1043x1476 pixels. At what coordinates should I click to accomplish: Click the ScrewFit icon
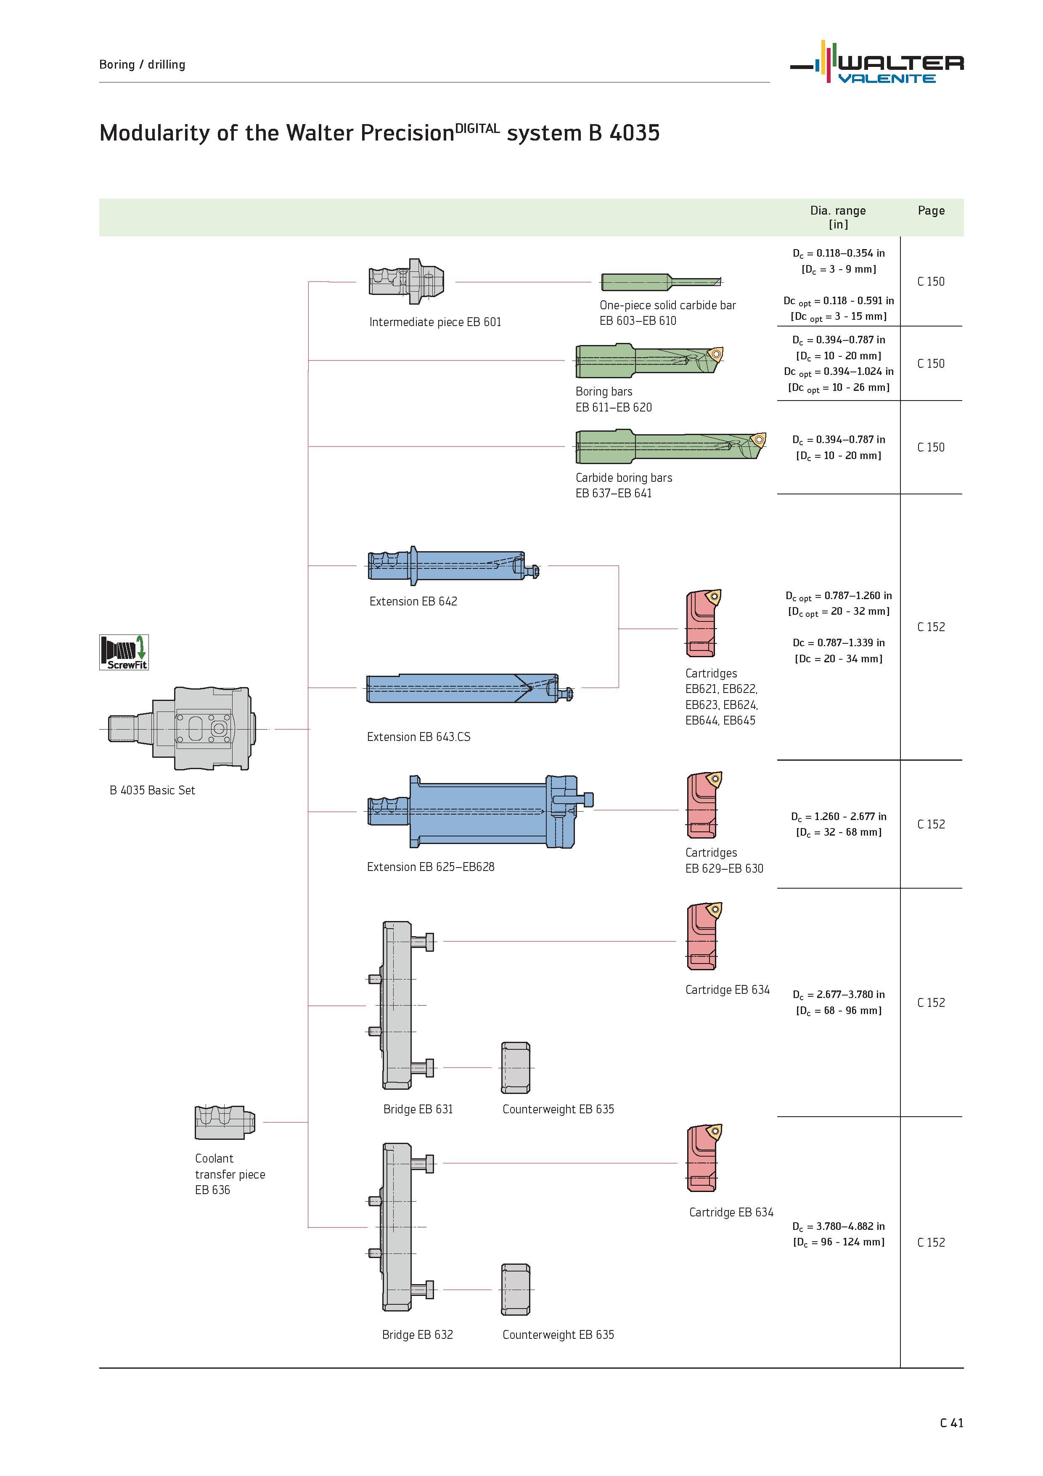coord(124,652)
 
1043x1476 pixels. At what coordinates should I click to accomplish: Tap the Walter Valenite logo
coord(876,62)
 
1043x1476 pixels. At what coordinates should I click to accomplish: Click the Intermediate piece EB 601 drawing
coord(406,281)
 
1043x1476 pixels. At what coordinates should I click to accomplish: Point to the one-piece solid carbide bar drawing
coord(661,281)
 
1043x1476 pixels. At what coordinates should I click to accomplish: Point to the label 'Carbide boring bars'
coord(623,478)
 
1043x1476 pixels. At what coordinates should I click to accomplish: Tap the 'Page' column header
coord(931,211)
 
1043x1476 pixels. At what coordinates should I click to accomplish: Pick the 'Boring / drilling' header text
coord(142,64)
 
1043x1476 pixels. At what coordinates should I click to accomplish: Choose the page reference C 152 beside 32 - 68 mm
coord(931,824)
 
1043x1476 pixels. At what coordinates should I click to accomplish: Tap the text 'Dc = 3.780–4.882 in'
coord(838,1226)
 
